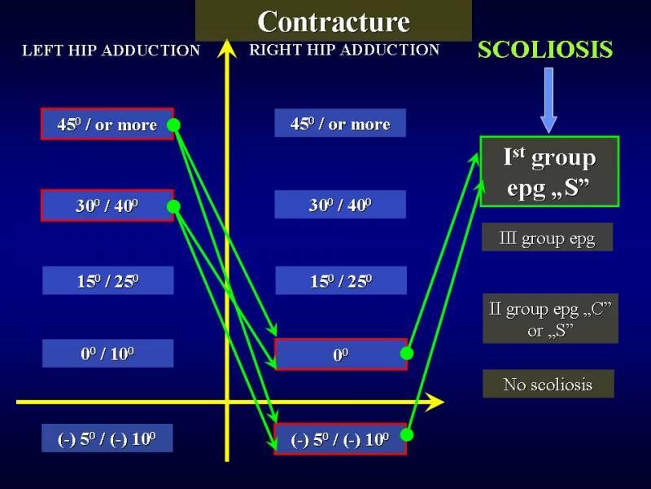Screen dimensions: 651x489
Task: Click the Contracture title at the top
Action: click(x=334, y=21)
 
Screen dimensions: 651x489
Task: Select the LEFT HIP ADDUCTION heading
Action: click(x=111, y=51)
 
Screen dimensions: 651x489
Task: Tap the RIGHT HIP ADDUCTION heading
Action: click(x=344, y=50)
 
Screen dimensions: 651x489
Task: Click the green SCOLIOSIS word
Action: click(x=545, y=49)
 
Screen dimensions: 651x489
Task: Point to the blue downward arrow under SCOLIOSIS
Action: click(x=548, y=100)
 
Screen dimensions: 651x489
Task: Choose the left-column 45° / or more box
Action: click(x=107, y=124)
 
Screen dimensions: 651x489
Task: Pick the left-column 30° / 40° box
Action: click(x=107, y=205)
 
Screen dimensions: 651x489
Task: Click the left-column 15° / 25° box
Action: click(x=108, y=280)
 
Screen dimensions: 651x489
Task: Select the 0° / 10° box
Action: click(x=108, y=354)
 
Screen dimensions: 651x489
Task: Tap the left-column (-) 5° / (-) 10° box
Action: click(x=107, y=438)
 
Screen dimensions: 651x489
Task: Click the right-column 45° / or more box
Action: click(x=340, y=123)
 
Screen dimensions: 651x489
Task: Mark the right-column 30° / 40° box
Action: click(x=340, y=205)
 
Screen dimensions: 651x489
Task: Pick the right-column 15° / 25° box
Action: click(x=341, y=280)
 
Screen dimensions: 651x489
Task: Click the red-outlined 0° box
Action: click(x=341, y=355)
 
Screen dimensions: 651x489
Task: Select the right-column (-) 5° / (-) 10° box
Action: click(x=340, y=439)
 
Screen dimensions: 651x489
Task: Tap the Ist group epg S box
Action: click(x=550, y=171)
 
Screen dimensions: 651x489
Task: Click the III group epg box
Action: click(x=547, y=237)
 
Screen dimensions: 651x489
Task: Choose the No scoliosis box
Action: click(x=548, y=384)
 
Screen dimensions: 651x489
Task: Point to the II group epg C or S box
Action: click(x=551, y=319)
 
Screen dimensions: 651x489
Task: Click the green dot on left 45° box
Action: click(x=173, y=125)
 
